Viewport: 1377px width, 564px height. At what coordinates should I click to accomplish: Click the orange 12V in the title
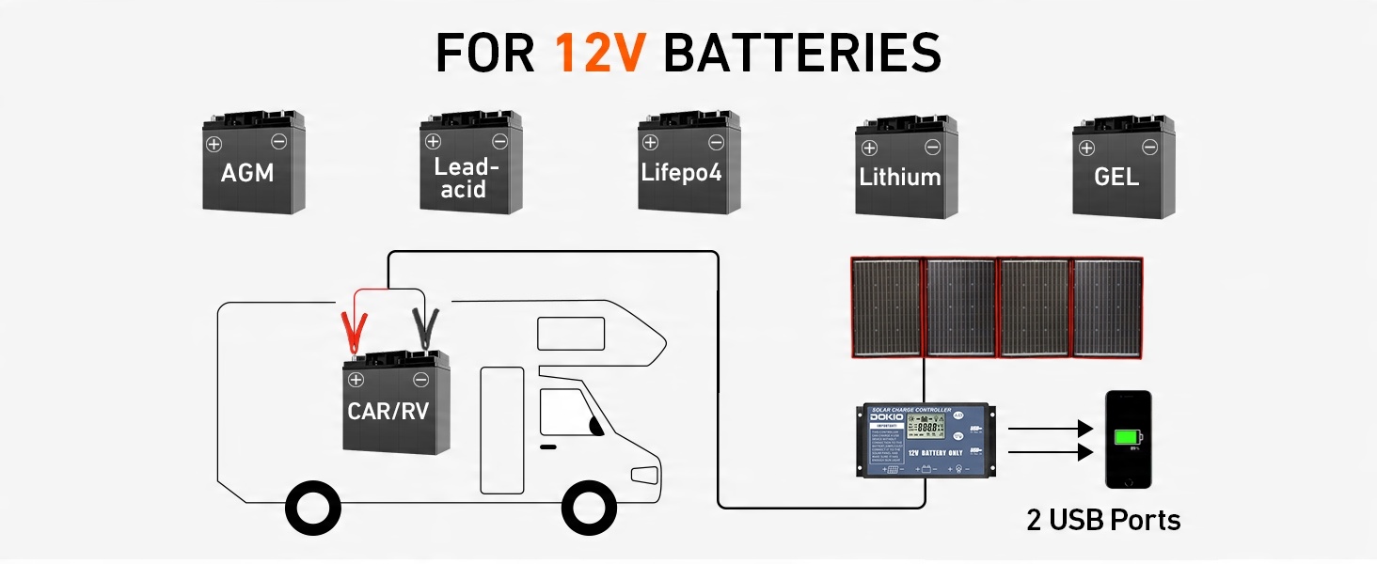click(599, 53)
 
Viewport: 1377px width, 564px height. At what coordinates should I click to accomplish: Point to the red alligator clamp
click(355, 329)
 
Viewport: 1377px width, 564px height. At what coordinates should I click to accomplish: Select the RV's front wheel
click(588, 508)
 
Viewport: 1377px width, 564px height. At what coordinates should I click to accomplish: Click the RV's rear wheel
click(312, 508)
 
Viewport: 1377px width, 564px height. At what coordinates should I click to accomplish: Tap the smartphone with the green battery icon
click(1128, 439)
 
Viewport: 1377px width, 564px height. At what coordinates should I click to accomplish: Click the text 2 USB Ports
click(1103, 520)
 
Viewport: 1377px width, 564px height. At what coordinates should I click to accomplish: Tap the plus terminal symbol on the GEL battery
click(1086, 148)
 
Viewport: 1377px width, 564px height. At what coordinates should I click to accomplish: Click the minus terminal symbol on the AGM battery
click(278, 142)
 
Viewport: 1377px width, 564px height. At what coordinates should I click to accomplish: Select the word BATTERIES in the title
click(801, 53)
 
